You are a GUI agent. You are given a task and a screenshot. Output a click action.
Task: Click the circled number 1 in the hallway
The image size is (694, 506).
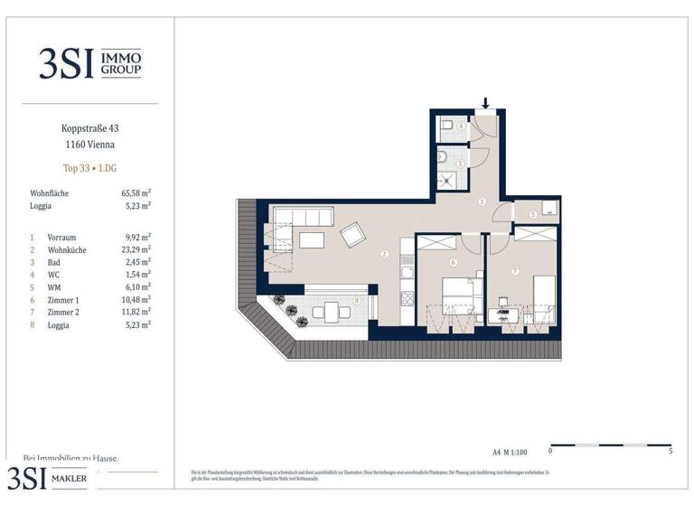(x=483, y=202)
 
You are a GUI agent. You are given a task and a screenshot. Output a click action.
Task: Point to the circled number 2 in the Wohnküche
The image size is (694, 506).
(x=384, y=255)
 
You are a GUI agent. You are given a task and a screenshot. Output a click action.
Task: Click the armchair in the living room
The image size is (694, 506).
(x=351, y=235)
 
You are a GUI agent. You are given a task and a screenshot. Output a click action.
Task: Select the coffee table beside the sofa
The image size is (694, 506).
(x=313, y=240)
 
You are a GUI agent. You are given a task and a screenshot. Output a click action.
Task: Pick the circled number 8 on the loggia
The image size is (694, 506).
(x=357, y=300)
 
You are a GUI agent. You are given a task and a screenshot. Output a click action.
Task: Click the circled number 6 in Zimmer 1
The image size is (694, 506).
(x=453, y=263)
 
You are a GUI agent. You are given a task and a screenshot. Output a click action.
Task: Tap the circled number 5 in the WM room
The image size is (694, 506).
(x=533, y=214)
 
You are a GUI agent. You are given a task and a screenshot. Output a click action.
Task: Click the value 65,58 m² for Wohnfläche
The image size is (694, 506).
(x=136, y=193)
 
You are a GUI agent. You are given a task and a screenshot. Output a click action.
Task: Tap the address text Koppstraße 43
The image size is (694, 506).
(x=89, y=128)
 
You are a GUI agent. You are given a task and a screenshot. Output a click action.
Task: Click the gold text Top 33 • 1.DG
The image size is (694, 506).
(x=89, y=168)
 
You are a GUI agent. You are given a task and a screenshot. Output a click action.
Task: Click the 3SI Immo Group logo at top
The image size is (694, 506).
(x=89, y=62)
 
